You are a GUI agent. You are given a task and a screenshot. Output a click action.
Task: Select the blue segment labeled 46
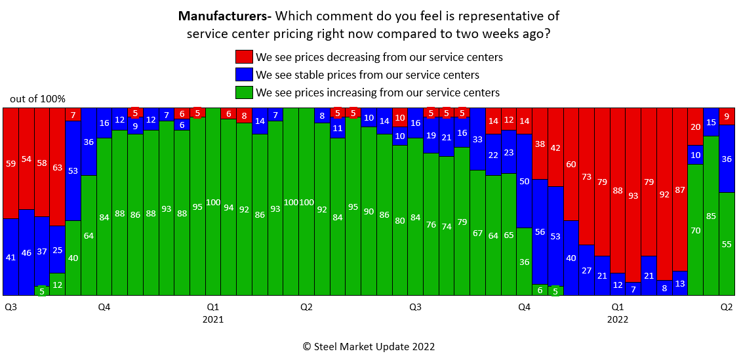point(26,252)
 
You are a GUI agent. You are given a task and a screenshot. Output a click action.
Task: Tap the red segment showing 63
point(57,167)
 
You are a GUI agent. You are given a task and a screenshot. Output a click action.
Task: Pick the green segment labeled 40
point(73,258)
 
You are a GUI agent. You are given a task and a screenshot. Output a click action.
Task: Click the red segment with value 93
point(633,195)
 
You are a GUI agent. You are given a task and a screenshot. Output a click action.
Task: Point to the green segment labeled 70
point(695,230)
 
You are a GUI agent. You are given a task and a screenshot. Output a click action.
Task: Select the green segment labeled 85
point(711,216)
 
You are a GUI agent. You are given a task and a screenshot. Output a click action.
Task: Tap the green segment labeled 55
point(727,243)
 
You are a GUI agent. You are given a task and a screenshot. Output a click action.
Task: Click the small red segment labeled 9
point(727,116)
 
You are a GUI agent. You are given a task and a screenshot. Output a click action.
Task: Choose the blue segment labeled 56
point(540,231)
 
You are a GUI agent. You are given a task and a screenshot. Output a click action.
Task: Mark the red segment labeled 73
point(586,176)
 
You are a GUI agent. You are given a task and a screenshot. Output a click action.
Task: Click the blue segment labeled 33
point(478,139)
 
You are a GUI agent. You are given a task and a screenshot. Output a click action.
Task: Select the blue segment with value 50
point(524,181)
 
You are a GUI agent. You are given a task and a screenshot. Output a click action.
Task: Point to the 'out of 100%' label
point(37,99)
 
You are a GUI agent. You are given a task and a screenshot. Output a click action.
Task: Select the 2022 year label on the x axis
point(617,320)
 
